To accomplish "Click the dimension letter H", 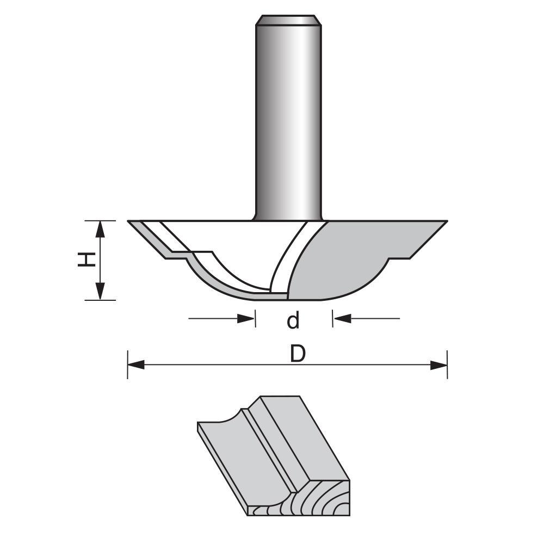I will click(x=87, y=260).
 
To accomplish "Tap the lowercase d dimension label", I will click(x=293, y=320).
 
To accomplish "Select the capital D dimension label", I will click(x=298, y=354).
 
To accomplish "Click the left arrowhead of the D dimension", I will click(x=136, y=365).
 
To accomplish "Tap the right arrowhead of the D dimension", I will click(x=438, y=365).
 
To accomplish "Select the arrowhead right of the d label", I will click(x=342, y=318).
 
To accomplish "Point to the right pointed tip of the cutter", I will click(x=447, y=221).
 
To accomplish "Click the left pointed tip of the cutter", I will click(x=129, y=221).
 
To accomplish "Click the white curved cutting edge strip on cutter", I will click(x=288, y=256).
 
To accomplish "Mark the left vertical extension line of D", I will click(x=127, y=364).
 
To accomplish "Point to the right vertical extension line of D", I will click(x=447, y=364).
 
